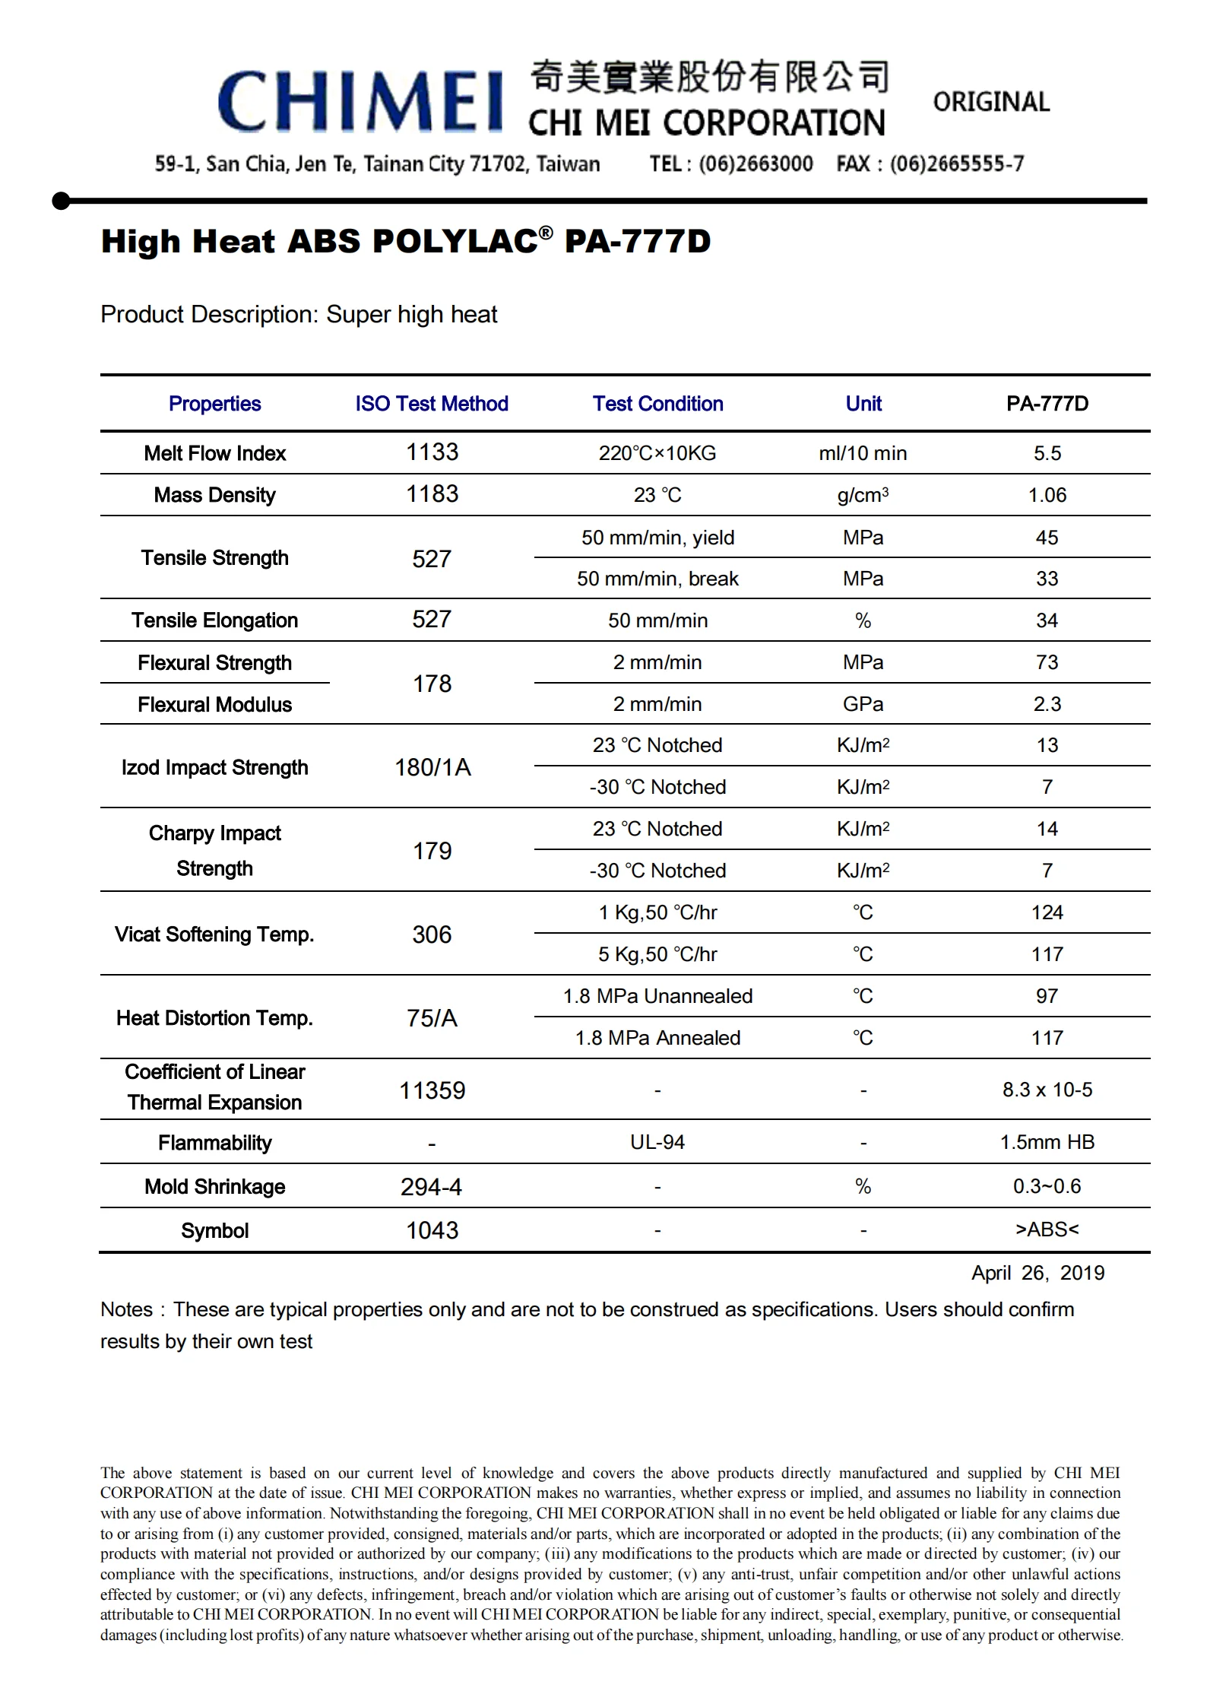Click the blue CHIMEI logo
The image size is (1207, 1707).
[x=360, y=102]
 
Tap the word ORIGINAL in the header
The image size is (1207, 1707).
[x=991, y=102]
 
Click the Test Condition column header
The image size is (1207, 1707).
[x=657, y=404]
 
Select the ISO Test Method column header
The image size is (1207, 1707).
[x=432, y=404]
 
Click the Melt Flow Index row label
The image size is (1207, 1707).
[x=215, y=453]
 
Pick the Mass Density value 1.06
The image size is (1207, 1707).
[x=1047, y=495]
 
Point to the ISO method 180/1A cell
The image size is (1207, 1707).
[x=432, y=767]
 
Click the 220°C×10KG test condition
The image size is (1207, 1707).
[x=657, y=453]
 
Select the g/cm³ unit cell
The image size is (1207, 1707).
[x=863, y=495]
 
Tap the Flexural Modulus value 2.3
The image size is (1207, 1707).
[x=1047, y=704]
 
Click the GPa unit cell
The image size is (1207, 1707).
[x=863, y=704]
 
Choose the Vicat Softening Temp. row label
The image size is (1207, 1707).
[x=214, y=934]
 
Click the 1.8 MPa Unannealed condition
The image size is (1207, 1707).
[x=657, y=996]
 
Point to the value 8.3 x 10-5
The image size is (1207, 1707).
[x=1047, y=1090]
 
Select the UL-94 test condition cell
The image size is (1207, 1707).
[x=657, y=1142]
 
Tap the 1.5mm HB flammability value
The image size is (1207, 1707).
[x=1047, y=1142]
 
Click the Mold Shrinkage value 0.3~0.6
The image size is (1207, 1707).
[x=1047, y=1186]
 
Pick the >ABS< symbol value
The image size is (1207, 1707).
[x=1047, y=1229]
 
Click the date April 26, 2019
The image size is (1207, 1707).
[x=1038, y=1273]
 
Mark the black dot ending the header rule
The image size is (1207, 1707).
[x=61, y=201]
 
